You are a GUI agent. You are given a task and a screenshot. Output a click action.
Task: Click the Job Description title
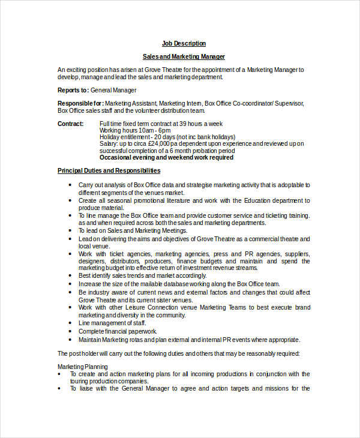click(x=184, y=43)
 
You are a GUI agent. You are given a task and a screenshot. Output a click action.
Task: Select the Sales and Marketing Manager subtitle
click(x=184, y=56)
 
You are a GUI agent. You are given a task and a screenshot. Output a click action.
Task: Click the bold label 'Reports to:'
click(x=73, y=90)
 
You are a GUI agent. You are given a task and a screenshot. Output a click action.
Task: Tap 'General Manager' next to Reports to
click(x=113, y=90)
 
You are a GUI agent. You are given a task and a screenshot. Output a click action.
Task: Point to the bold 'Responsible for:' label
click(x=80, y=103)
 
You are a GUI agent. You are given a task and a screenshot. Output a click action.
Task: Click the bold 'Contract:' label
click(x=70, y=124)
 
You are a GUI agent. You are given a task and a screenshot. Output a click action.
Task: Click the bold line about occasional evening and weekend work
click(x=166, y=158)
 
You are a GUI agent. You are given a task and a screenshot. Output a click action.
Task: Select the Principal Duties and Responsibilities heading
click(x=109, y=171)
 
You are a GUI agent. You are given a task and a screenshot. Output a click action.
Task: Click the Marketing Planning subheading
click(x=83, y=367)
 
